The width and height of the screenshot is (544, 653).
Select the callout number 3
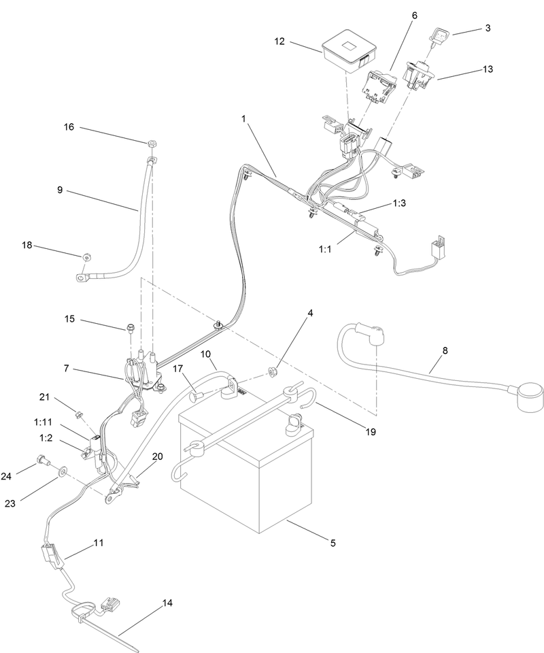click(x=488, y=28)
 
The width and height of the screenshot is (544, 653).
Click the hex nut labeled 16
click(x=152, y=144)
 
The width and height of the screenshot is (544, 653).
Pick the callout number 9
click(x=60, y=190)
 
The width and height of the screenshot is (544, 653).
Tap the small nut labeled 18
click(x=86, y=257)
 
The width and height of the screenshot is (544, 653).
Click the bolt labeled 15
click(x=129, y=330)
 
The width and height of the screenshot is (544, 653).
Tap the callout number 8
click(x=445, y=351)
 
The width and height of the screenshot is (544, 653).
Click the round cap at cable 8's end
click(x=530, y=397)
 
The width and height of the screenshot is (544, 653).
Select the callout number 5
click(x=333, y=543)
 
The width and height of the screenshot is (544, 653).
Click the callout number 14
click(x=167, y=603)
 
